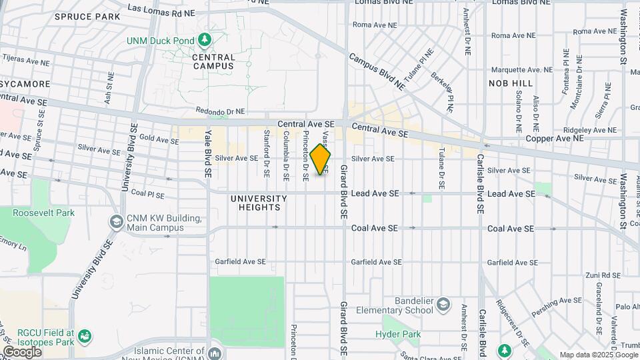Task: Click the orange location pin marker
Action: pyautogui.click(x=320, y=160)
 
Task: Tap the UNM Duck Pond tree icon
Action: pyautogui.click(x=204, y=41)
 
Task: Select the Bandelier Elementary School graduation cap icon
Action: pyautogui.click(x=443, y=306)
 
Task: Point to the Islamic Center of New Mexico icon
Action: pyautogui.click(x=215, y=353)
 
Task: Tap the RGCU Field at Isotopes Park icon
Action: pyautogui.click(x=84, y=335)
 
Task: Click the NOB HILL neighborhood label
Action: pyautogui.click(x=511, y=83)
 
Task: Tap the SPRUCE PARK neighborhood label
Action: pyautogui.click(x=87, y=16)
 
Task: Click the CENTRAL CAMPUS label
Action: pyautogui.click(x=213, y=61)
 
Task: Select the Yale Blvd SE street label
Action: pyautogui.click(x=208, y=153)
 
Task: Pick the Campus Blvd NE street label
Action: pyautogui.click(x=377, y=72)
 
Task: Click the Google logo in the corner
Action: pyautogui.click(x=22, y=352)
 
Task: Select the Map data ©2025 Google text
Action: pyautogui.click(x=598, y=355)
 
